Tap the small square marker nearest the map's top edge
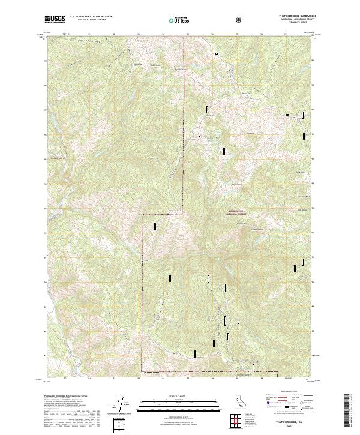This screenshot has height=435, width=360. [217, 54]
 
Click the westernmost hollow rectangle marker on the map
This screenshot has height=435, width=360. [155, 226]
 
